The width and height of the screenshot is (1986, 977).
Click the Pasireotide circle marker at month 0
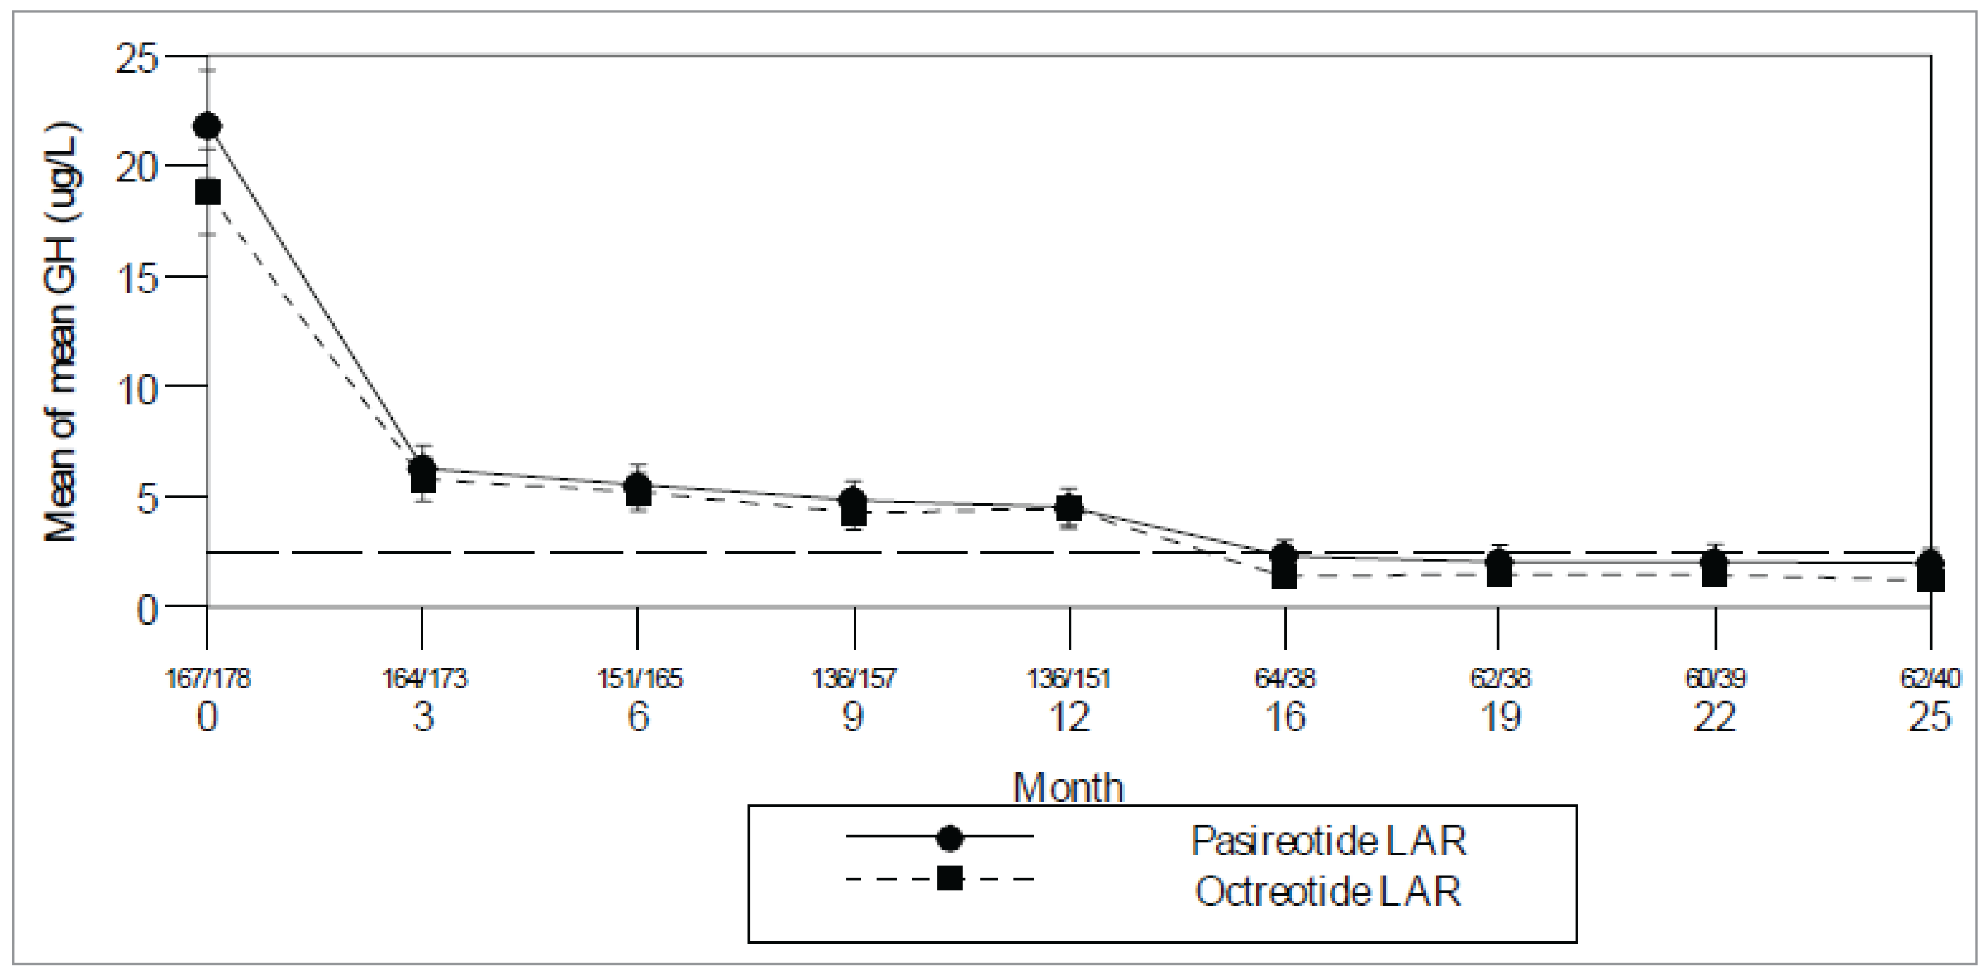tap(207, 126)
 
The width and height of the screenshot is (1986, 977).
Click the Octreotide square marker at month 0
tap(207, 191)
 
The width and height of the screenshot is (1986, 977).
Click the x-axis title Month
tap(1068, 787)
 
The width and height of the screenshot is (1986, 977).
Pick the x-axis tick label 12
tap(1069, 718)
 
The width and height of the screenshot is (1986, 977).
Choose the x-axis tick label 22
tap(1715, 718)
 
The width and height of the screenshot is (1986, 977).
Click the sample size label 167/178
tap(208, 679)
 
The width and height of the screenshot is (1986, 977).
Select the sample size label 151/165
tap(639, 679)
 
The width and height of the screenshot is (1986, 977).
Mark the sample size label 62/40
tap(1930, 679)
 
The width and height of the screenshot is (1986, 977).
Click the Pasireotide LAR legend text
tap(1328, 841)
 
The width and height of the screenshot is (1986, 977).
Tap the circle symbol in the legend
tap(950, 837)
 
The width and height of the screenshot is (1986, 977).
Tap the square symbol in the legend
tap(950, 878)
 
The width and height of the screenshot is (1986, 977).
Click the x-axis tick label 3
tap(423, 718)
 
